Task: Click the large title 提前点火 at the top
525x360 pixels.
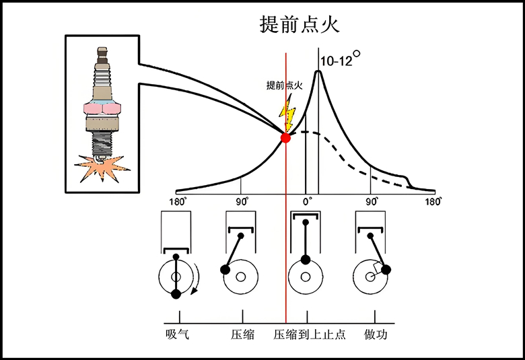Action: tap(300, 25)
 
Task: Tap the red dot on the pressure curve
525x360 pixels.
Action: tap(285, 137)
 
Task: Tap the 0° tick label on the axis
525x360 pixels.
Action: tap(307, 201)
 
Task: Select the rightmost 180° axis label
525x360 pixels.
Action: tap(434, 201)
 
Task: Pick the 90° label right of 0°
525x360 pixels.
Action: tap(372, 201)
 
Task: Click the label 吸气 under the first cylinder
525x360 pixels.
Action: tap(177, 334)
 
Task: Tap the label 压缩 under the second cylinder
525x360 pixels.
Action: tap(242, 334)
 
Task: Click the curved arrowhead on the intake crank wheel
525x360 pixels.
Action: tap(195, 291)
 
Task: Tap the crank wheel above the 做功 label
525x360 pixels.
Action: tap(372, 277)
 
